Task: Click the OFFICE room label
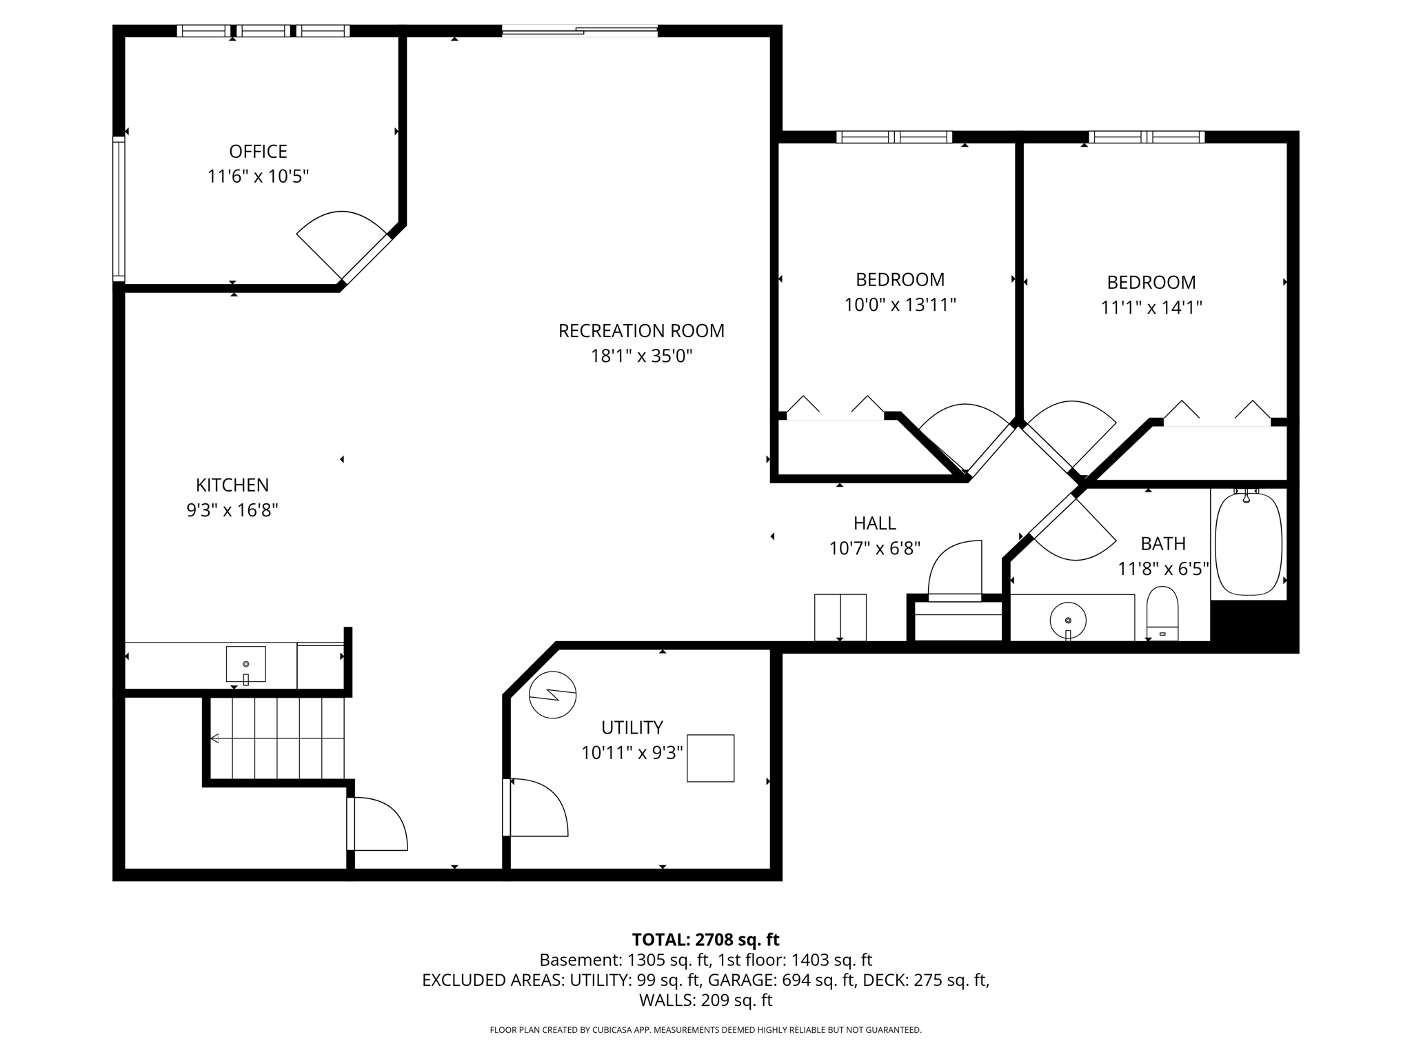(x=258, y=151)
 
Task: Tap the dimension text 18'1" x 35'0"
(x=641, y=356)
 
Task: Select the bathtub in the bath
(x=1248, y=544)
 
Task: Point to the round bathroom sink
(x=1068, y=620)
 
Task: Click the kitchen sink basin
(x=245, y=664)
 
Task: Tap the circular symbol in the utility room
(x=552, y=694)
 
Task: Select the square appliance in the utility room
(x=710, y=758)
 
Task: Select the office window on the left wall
(x=119, y=208)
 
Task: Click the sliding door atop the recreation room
(x=579, y=30)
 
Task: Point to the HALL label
(x=874, y=523)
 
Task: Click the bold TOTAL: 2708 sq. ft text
(x=705, y=939)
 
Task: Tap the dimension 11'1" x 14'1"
(x=1151, y=307)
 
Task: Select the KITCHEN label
(x=232, y=485)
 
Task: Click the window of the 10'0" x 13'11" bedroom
(x=894, y=137)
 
